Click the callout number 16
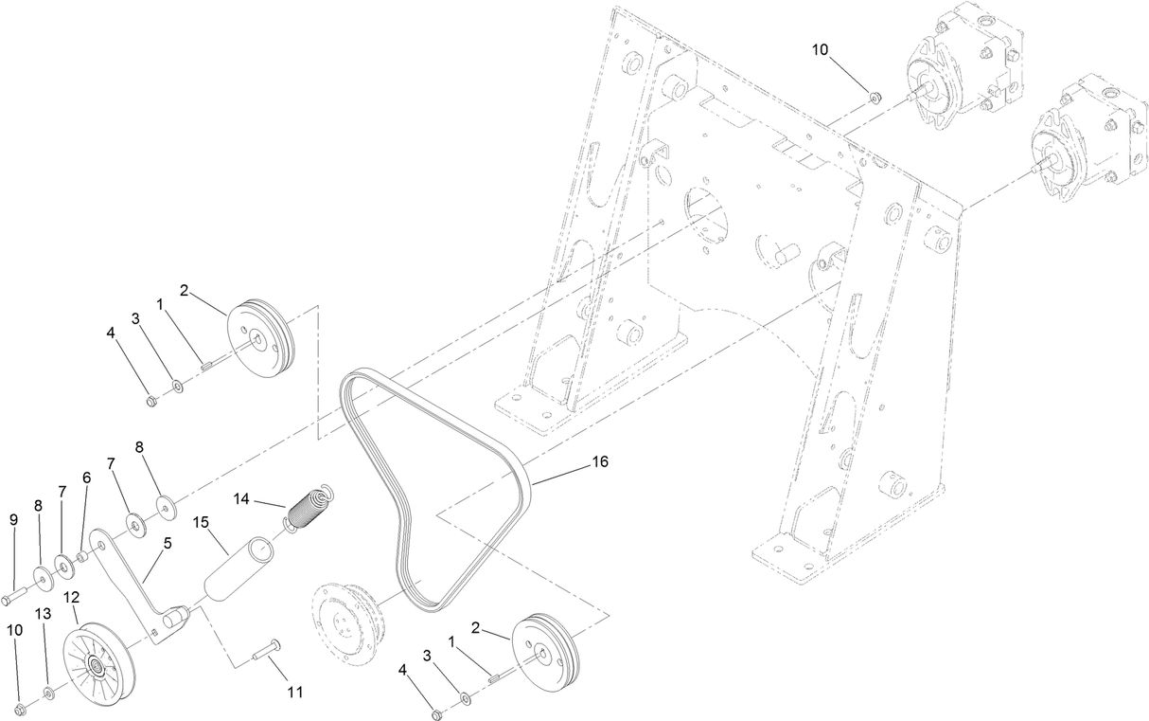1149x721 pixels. click(x=599, y=461)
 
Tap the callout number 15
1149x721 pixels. click(x=200, y=522)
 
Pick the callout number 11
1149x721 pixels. click(x=295, y=693)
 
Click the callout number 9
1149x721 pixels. click(x=13, y=519)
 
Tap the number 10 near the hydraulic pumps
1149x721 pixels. click(x=819, y=47)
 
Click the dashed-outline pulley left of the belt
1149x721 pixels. click(x=347, y=622)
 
